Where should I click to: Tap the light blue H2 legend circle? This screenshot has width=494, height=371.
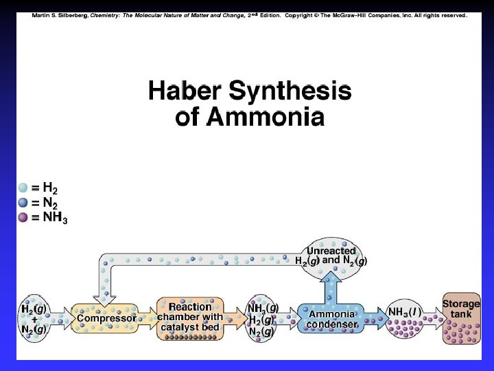point(23,188)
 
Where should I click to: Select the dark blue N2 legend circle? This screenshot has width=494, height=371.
point(23,203)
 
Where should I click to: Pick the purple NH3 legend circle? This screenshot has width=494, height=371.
point(23,218)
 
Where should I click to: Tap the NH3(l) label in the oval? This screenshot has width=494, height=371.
point(403,313)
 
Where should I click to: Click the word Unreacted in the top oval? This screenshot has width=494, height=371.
point(331,251)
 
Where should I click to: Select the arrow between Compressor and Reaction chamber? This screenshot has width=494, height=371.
point(148,318)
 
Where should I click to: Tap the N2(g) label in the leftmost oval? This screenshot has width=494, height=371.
point(33,329)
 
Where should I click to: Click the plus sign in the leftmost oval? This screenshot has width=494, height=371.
point(34,319)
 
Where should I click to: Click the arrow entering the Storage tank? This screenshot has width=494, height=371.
point(433,318)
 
